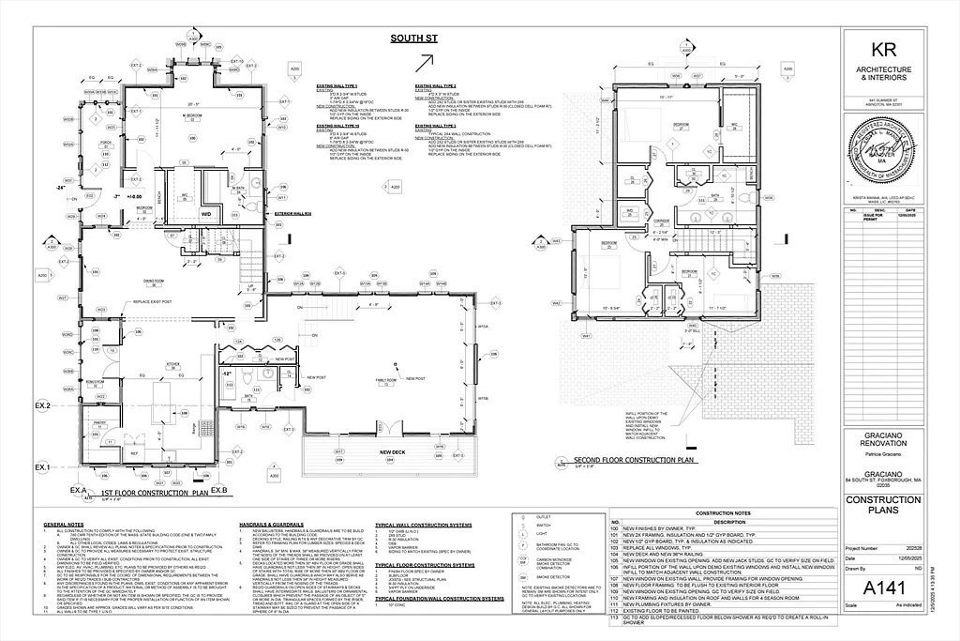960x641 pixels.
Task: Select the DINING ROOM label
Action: click(155, 280)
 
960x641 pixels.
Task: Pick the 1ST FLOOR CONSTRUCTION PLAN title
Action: click(155, 492)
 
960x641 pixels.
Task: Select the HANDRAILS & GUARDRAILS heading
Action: click(273, 524)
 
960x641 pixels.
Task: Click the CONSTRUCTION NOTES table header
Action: click(722, 514)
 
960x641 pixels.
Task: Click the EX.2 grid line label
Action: click(42, 405)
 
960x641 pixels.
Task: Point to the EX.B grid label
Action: click(219, 490)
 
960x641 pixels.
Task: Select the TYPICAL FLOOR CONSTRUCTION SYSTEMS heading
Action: click(425, 565)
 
